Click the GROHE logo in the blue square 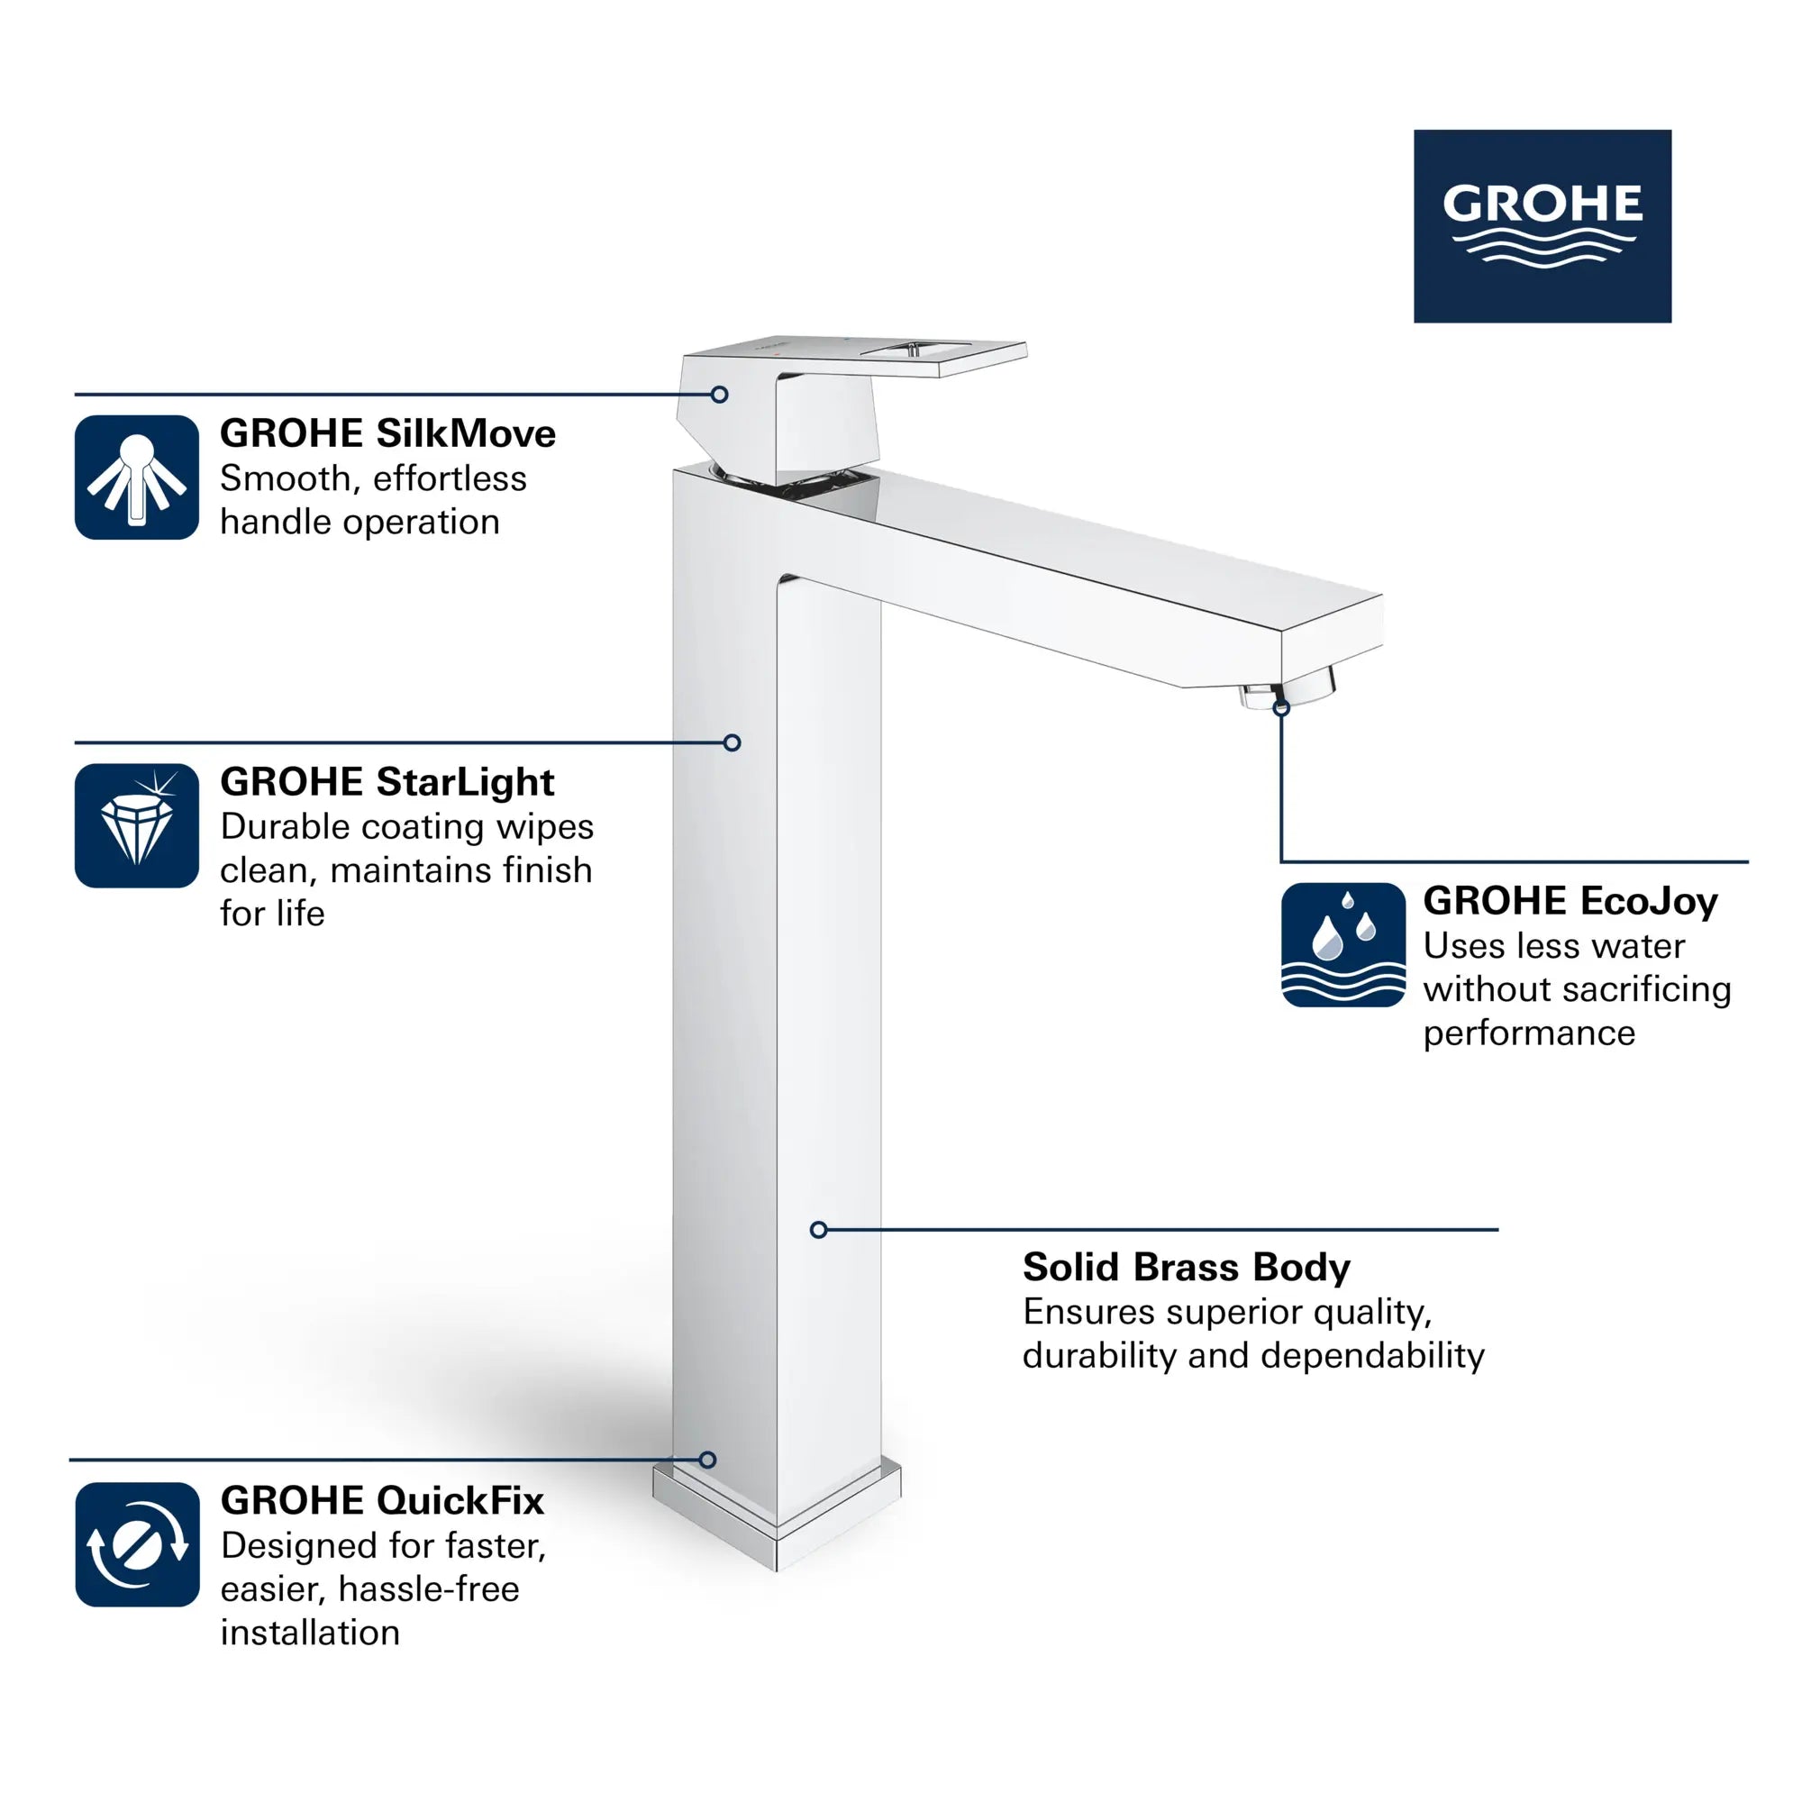click(x=1542, y=226)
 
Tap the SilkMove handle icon click(x=137, y=478)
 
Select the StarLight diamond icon click(x=137, y=825)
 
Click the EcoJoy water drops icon click(x=1343, y=945)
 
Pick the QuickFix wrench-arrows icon click(x=137, y=1544)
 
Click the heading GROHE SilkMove click(x=387, y=433)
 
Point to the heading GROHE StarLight click(x=387, y=781)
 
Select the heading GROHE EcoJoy click(x=1570, y=901)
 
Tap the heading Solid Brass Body click(x=1187, y=1267)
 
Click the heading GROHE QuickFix click(x=382, y=1501)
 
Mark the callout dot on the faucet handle click(x=719, y=395)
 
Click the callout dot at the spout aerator click(x=1281, y=709)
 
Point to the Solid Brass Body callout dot click(x=819, y=1230)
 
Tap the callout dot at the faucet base click(x=708, y=1460)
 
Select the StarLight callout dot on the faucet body click(x=733, y=742)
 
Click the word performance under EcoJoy click(x=1529, y=1033)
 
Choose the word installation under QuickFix click(x=310, y=1634)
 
